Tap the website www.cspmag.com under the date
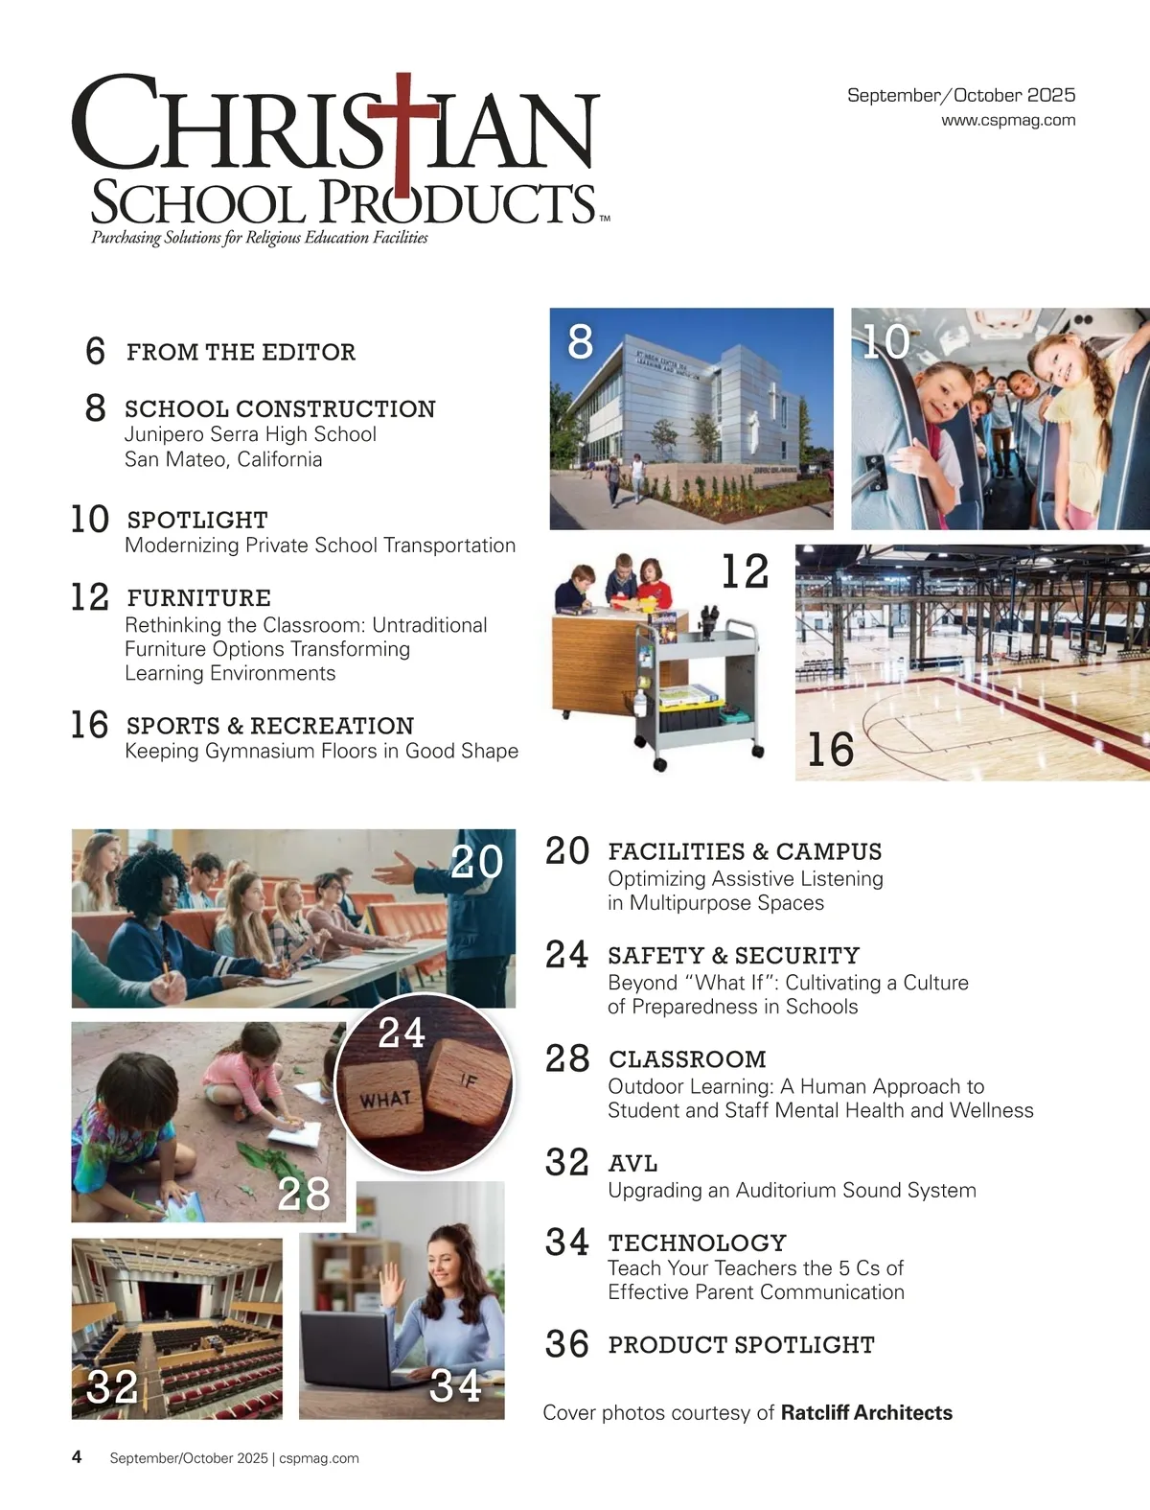(1008, 121)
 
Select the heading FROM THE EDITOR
(241, 352)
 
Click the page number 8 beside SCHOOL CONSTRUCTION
(95, 407)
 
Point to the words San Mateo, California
(223, 459)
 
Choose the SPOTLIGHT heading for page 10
(197, 520)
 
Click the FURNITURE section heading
(198, 598)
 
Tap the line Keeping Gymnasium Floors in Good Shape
(321, 751)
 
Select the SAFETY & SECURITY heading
(733, 956)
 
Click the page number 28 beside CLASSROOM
(567, 1058)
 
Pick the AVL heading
(632, 1164)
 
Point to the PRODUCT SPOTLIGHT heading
(741, 1345)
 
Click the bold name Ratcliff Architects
(866, 1412)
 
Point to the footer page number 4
(77, 1457)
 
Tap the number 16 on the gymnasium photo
(830, 749)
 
